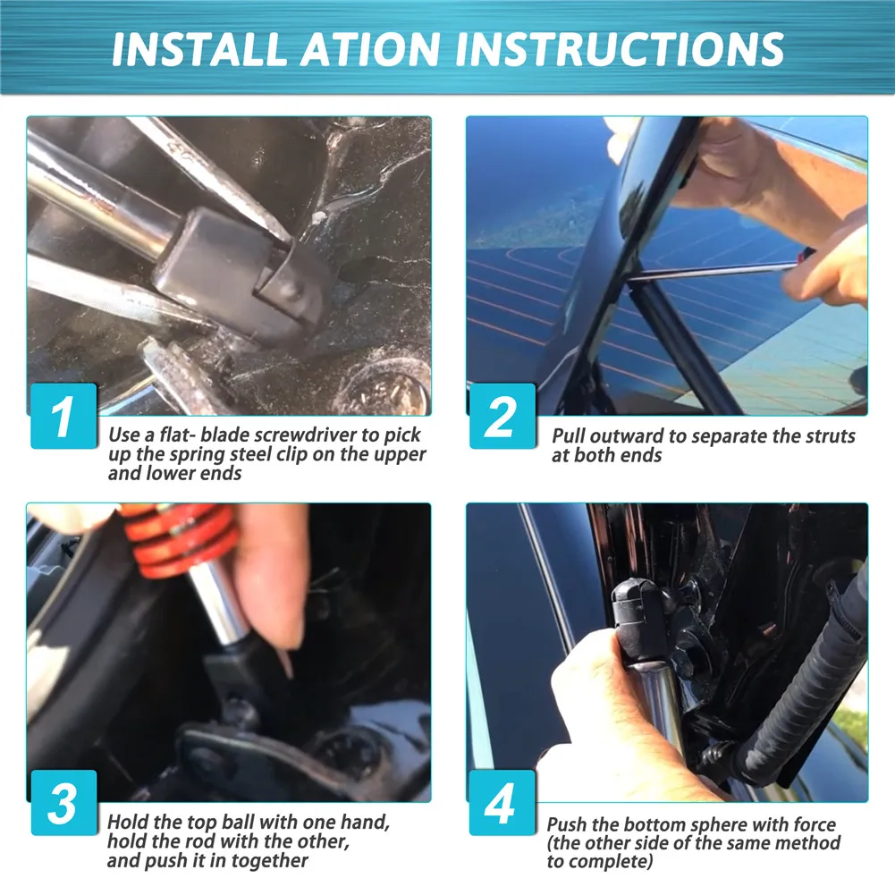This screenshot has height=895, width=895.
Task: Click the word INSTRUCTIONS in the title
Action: tap(620, 49)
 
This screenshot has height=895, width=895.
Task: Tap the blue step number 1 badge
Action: tap(63, 416)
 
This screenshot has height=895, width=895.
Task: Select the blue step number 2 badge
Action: tap(502, 416)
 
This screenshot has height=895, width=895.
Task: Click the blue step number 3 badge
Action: tap(63, 803)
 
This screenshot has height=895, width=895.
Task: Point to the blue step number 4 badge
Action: tap(502, 803)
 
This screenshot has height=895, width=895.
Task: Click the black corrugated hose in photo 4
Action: tap(799, 685)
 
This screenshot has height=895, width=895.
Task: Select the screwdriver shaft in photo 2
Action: tap(713, 271)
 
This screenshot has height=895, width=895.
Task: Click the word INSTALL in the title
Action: tap(199, 49)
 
